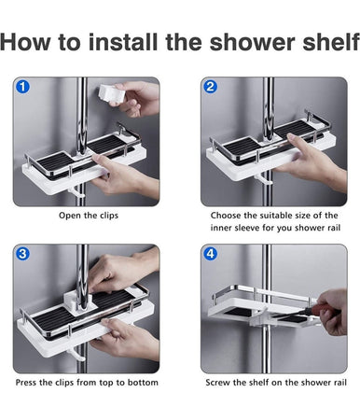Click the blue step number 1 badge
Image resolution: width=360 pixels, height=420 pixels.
(22, 87)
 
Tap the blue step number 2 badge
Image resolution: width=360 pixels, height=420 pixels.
(211, 87)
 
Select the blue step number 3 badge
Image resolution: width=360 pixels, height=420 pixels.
(22, 254)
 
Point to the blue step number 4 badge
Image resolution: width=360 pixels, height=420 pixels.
(211, 254)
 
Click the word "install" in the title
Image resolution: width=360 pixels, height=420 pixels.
(123, 42)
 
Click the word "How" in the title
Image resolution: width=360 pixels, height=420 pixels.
(25, 42)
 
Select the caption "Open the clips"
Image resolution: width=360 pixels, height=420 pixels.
(89, 216)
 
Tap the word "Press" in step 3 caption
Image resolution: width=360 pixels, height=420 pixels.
(26, 383)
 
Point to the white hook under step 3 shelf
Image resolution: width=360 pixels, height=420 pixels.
(76, 355)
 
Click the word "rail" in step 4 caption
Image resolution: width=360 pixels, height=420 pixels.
(340, 383)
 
